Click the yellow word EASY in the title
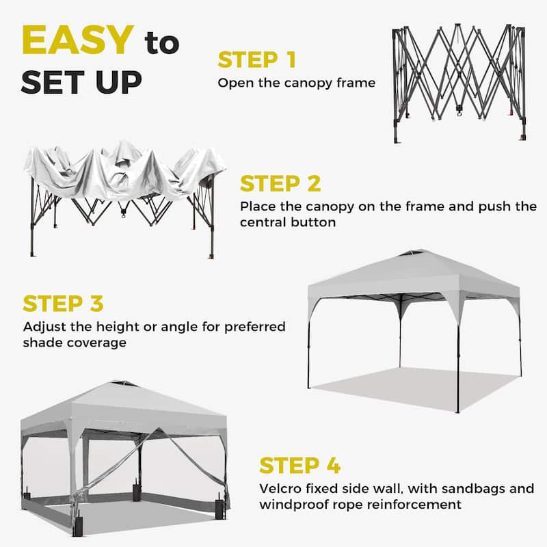click(x=77, y=41)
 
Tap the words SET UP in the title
click(x=81, y=81)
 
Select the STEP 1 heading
click(x=256, y=59)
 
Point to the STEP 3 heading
click(x=63, y=303)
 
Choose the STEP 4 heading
click(x=299, y=466)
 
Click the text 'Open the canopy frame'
click(x=296, y=83)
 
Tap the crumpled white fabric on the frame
click(x=123, y=168)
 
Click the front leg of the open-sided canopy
click(x=457, y=369)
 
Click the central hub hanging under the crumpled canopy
click(x=124, y=213)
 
